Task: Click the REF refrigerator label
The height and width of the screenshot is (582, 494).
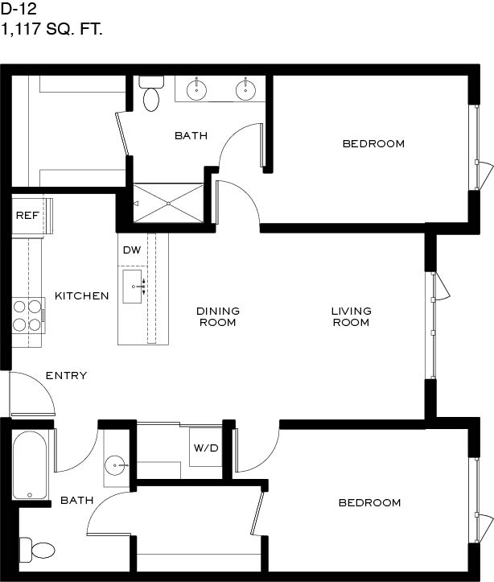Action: point(27,215)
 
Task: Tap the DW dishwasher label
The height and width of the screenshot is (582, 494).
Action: point(132,250)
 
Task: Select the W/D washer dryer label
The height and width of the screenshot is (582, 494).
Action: point(206,448)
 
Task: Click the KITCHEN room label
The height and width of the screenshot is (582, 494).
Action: point(82,295)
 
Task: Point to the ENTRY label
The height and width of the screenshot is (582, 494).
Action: point(67,376)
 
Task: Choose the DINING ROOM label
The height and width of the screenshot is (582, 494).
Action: point(218,316)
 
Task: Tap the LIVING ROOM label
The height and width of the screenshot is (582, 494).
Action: point(352,316)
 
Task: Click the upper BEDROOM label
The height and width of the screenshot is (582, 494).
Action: point(373,143)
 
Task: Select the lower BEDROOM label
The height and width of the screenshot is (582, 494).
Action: point(370,502)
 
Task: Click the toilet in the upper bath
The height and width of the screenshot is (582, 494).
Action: point(151,93)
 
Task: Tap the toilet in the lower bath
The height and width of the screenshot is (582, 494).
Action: point(37,550)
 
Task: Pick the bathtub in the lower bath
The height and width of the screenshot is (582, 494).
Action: point(30,465)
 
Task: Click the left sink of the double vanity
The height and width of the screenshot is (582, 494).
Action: point(196,90)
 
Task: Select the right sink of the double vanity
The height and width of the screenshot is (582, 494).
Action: point(245,90)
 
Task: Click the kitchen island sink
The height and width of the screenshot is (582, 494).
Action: point(133,287)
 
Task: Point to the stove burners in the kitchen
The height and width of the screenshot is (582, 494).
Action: point(27,316)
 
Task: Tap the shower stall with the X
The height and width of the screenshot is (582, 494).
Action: point(168,204)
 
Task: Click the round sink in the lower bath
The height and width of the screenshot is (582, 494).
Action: point(115,465)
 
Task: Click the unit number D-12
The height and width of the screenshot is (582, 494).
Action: point(19,10)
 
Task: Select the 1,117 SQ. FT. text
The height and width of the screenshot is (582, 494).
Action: point(51,29)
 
